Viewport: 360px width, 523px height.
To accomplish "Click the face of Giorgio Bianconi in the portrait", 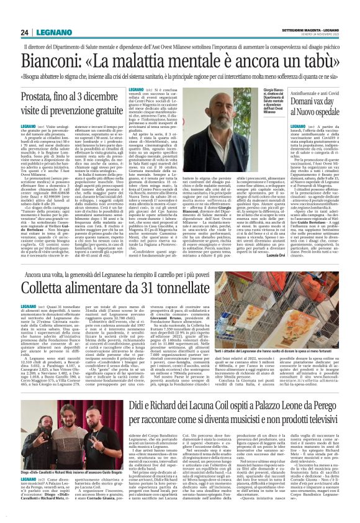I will coord(239,112).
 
